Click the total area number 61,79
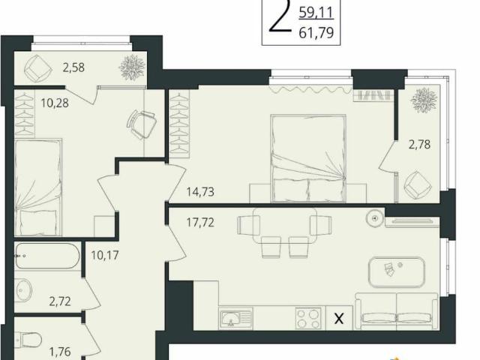(316, 32)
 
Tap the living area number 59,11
(316, 13)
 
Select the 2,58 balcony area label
(73, 67)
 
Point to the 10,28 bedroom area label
(55, 103)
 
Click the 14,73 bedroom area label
(200, 192)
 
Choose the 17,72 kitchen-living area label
(200, 223)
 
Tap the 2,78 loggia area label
(419, 144)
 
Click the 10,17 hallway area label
(105, 255)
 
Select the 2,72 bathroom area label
(60, 301)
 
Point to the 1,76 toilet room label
(60, 352)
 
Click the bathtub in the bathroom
(47, 256)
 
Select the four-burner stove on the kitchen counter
(308, 318)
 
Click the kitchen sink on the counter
(235, 318)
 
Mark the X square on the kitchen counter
(339, 318)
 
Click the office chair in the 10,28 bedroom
(142, 124)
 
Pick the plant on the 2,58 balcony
(132, 67)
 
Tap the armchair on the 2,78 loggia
(418, 184)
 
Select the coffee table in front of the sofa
(397, 272)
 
